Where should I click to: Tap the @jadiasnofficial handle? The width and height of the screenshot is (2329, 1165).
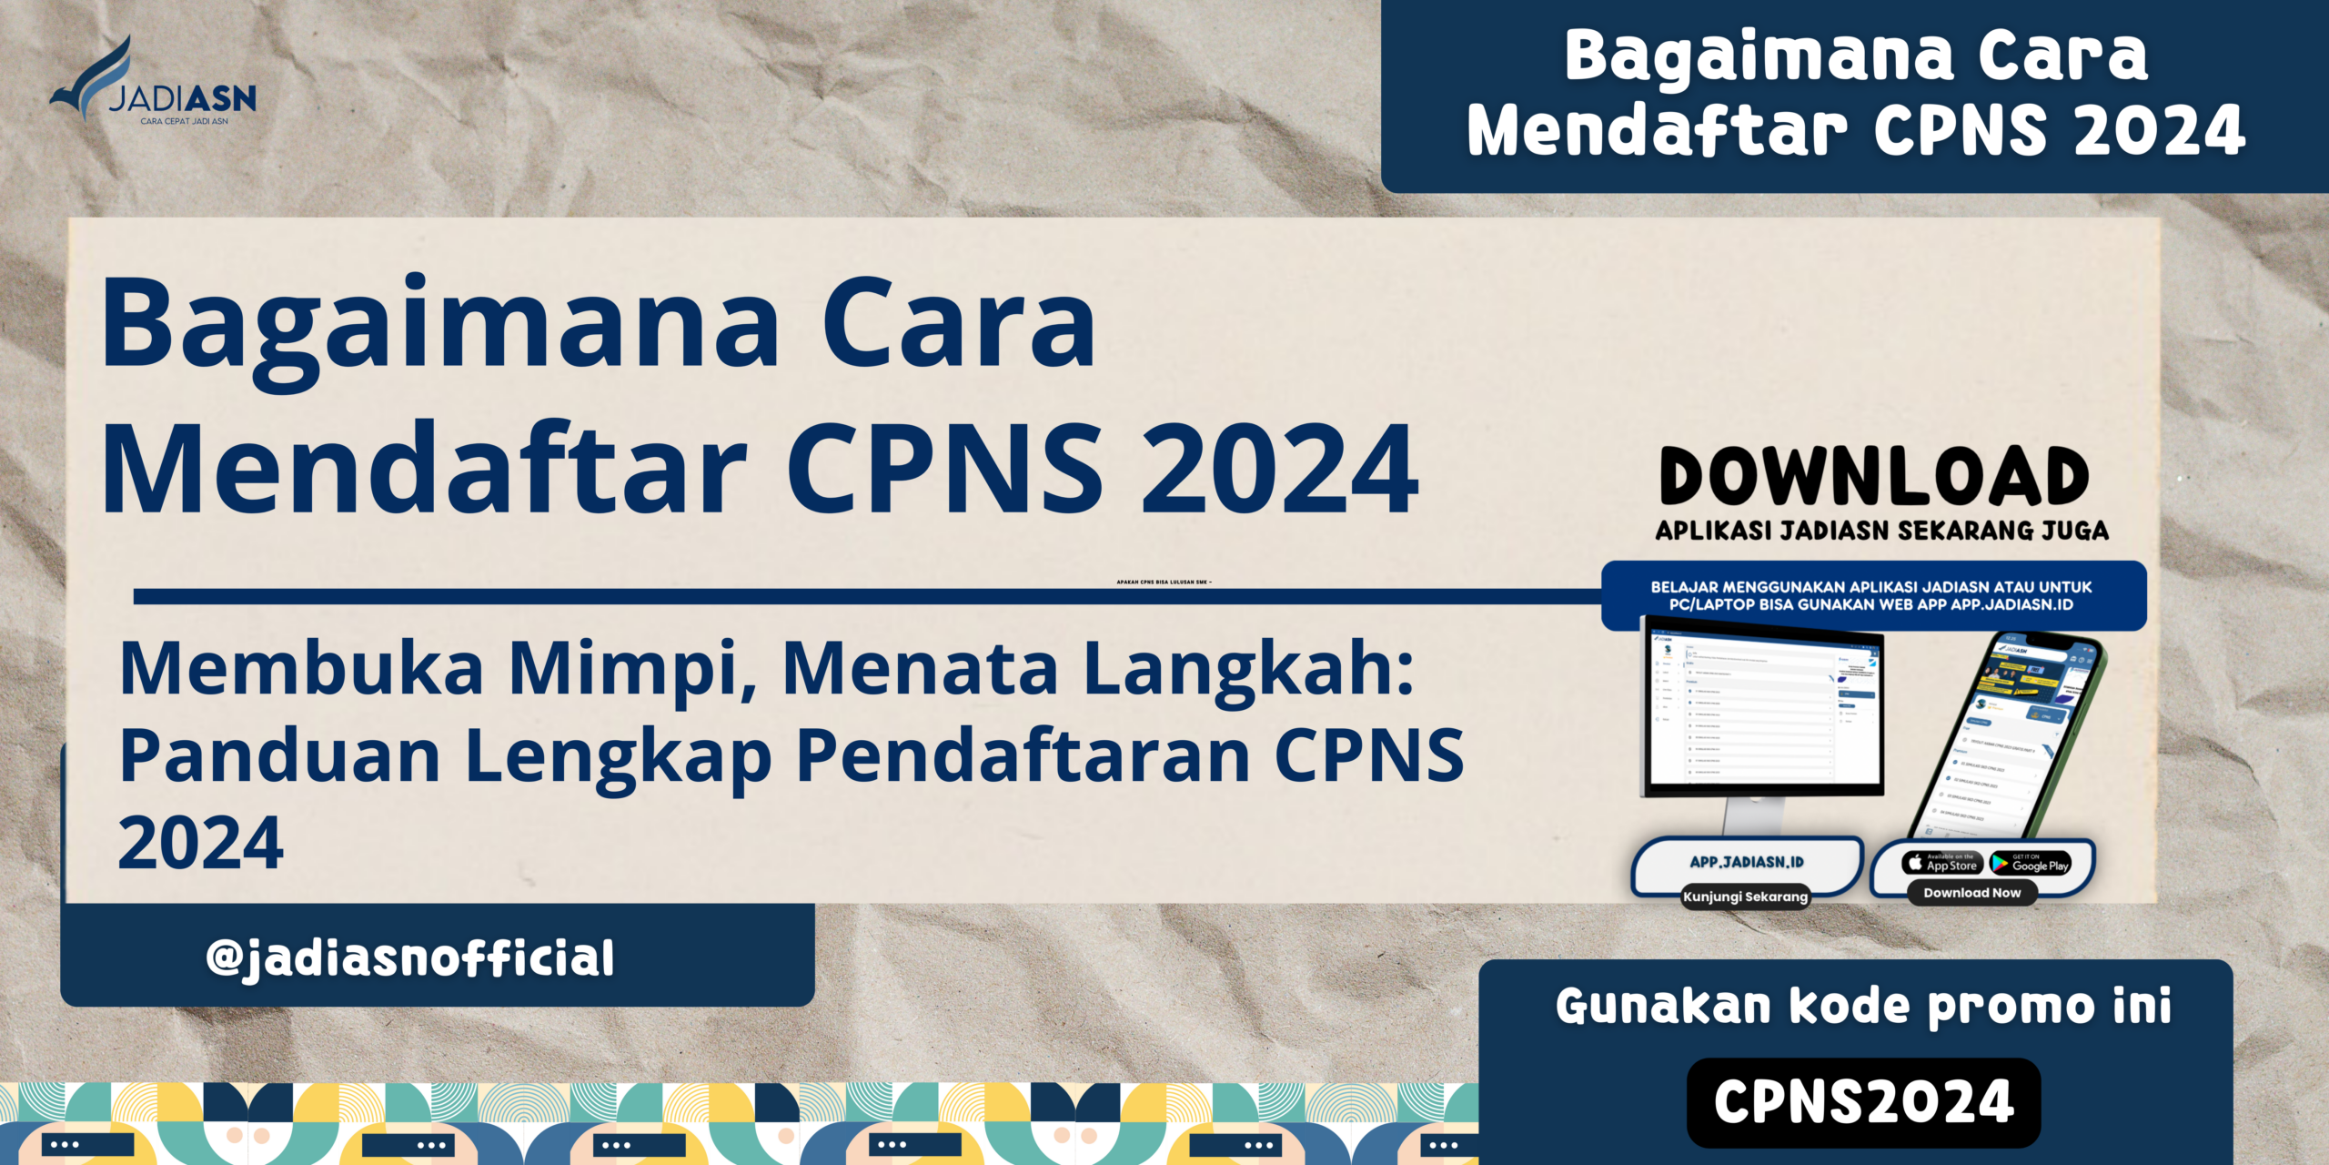pyautogui.click(x=410, y=958)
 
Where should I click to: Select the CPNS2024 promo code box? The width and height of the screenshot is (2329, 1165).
pyautogui.click(x=1863, y=1102)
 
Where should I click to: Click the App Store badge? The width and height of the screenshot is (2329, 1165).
pyautogui.click(x=1942, y=863)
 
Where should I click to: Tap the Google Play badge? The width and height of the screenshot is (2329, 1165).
pyautogui.click(x=2031, y=863)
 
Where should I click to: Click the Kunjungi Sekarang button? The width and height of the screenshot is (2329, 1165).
pyautogui.click(x=1745, y=897)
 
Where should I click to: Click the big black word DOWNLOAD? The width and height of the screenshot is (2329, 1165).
pyautogui.click(x=1875, y=476)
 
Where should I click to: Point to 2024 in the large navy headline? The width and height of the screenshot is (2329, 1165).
pyautogui.click(x=1279, y=471)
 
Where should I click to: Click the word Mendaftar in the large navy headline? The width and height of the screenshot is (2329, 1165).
pyautogui.click(x=424, y=471)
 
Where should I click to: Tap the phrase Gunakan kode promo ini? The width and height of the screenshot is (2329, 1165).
pyautogui.click(x=1863, y=1007)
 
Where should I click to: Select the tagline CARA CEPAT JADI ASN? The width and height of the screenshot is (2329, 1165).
pyautogui.click(x=184, y=121)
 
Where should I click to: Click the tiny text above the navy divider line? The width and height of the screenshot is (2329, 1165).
pyautogui.click(x=1164, y=582)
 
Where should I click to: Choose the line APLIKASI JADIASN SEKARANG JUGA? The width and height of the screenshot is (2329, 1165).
pyautogui.click(x=1881, y=531)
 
